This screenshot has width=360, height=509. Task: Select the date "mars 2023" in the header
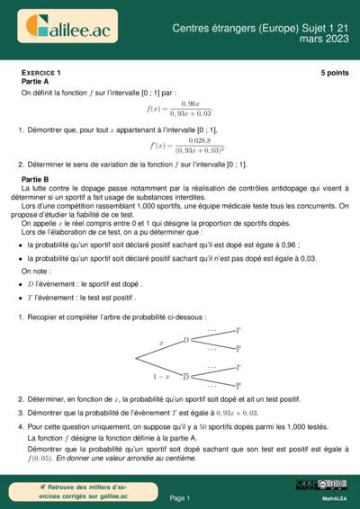(x=321, y=40)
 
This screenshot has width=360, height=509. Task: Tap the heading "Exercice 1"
(x=41, y=71)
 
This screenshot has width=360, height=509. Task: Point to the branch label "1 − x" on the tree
(x=161, y=376)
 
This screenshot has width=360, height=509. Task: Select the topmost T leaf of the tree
(x=238, y=332)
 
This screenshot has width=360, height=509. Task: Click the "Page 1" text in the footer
(x=180, y=497)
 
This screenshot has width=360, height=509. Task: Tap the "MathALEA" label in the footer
(x=334, y=497)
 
